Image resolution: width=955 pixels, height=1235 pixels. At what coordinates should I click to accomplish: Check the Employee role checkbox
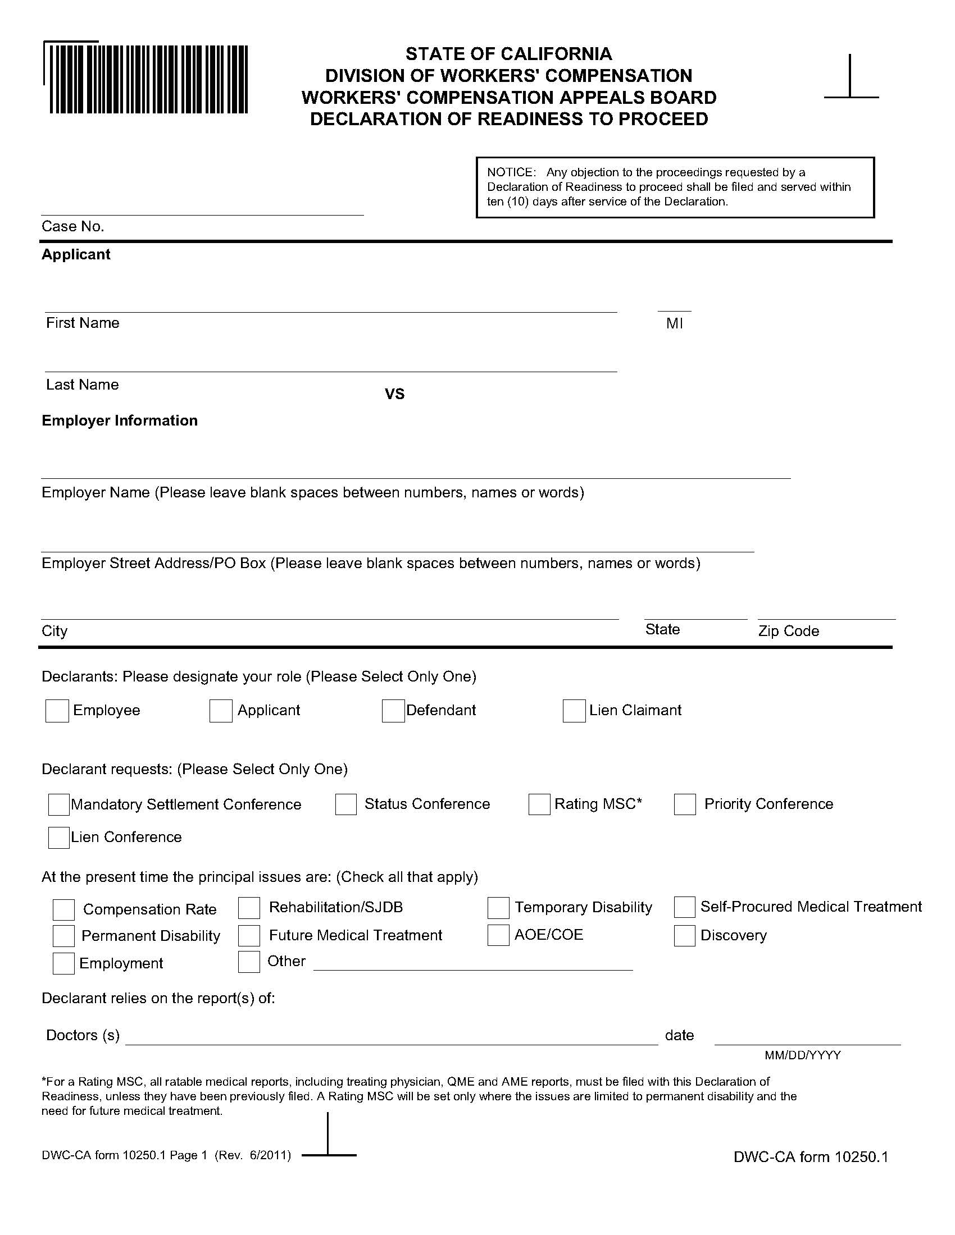(57, 711)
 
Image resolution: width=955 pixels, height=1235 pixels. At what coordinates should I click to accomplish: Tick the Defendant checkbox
(393, 711)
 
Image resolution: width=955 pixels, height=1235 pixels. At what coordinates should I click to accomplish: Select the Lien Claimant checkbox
(574, 711)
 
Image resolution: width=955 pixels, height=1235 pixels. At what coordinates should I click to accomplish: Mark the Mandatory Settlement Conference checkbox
(59, 804)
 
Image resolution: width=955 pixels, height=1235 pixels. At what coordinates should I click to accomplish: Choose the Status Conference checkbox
(345, 804)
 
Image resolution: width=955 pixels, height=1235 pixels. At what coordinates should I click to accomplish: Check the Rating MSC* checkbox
(539, 804)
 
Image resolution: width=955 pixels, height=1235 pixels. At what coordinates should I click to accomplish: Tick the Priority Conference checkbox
(685, 804)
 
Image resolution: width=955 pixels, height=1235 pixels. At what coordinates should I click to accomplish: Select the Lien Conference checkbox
(59, 838)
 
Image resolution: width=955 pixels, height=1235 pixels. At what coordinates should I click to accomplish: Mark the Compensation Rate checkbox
(63, 910)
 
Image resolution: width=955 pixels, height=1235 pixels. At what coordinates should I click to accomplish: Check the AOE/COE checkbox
(498, 935)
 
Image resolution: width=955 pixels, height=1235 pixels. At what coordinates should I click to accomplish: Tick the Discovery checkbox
(684, 936)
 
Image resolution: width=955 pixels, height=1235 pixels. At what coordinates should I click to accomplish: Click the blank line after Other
(472, 964)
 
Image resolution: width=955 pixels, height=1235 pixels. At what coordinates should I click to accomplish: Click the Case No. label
(73, 227)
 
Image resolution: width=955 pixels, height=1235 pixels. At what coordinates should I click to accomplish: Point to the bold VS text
(394, 394)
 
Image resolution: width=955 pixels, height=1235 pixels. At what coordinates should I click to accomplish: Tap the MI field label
(674, 324)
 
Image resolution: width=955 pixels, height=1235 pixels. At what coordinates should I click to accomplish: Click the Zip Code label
(789, 631)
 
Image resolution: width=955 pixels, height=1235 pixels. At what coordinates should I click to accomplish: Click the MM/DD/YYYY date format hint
(802, 1055)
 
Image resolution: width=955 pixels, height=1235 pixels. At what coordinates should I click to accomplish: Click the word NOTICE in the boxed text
(511, 172)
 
